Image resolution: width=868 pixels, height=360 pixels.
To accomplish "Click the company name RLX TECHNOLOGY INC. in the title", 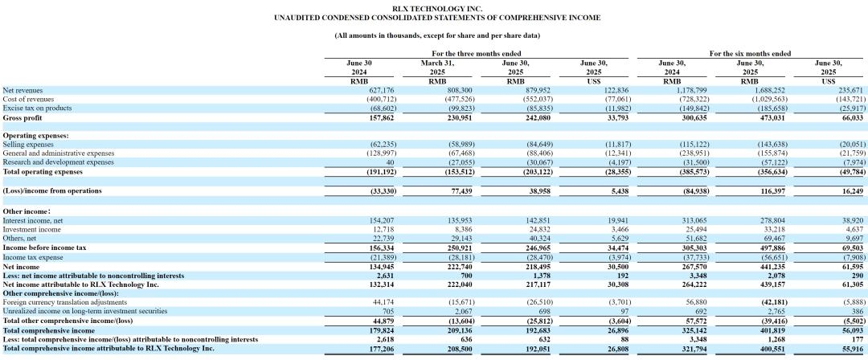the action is (437, 9).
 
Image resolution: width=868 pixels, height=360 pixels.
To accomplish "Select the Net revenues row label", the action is (23, 90).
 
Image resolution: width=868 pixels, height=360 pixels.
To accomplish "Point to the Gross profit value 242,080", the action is (539, 118).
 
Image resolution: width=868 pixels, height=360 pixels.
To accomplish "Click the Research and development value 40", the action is (391, 162).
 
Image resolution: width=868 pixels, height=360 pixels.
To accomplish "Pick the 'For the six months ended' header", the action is (750, 54).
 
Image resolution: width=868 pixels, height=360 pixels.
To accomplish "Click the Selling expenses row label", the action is (28, 145).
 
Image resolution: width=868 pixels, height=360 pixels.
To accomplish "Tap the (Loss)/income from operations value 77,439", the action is (461, 191).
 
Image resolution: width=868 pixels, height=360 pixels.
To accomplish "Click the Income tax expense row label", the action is (33, 257).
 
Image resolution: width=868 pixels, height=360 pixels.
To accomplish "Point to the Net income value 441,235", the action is (774, 267).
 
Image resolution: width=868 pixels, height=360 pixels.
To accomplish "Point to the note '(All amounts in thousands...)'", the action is (437, 35).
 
